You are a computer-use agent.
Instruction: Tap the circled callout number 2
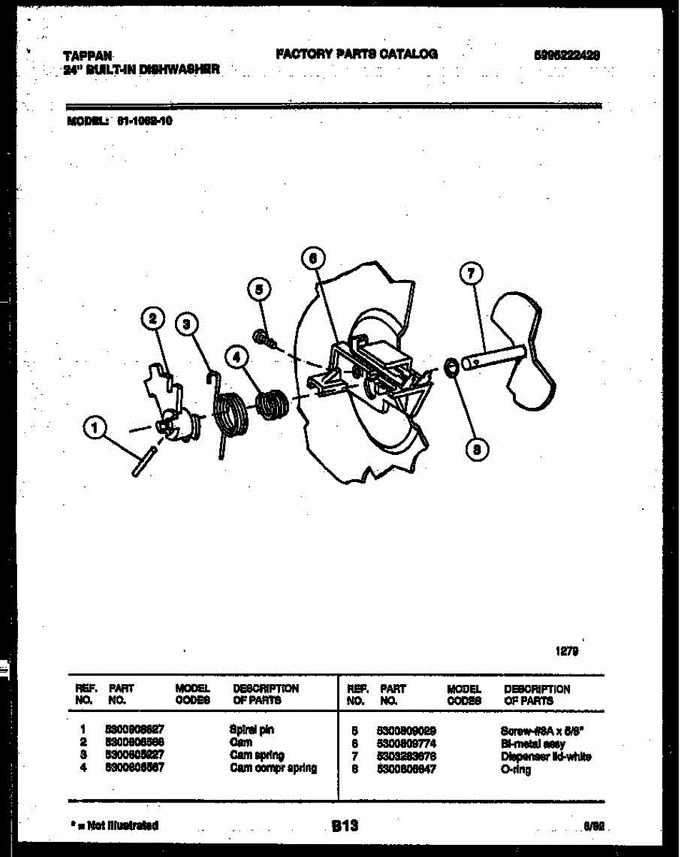pyautogui.click(x=151, y=319)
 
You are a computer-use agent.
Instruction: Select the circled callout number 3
pyautogui.click(x=187, y=325)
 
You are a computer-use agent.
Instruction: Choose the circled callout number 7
pyautogui.click(x=471, y=274)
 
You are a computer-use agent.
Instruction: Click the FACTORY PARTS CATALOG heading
pyautogui.click(x=356, y=54)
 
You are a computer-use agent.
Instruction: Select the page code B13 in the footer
pyautogui.click(x=344, y=826)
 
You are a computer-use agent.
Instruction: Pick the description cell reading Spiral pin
pyautogui.click(x=251, y=730)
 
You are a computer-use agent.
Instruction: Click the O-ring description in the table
pyautogui.click(x=516, y=770)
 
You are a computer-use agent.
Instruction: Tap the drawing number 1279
pyautogui.click(x=567, y=651)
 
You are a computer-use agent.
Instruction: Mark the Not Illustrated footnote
pyautogui.click(x=115, y=826)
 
